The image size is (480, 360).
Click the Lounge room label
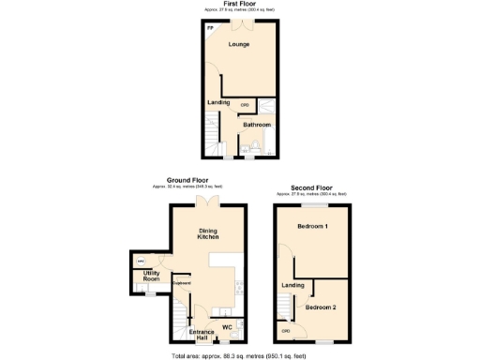pyautogui.click(x=239, y=44)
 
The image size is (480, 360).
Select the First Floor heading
pyautogui.click(x=240, y=4)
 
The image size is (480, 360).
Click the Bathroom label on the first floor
pyautogui.click(x=257, y=125)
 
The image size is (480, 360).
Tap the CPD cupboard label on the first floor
pyautogui.click(x=245, y=104)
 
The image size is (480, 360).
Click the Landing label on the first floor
pyautogui.click(x=219, y=102)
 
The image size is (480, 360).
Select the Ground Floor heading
pyautogui.click(x=187, y=180)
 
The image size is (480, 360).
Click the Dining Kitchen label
pyautogui.click(x=208, y=233)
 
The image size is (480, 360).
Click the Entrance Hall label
pyautogui.click(x=202, y=335)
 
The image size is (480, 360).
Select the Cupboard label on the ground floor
pyautogui.click(x=181, y=282)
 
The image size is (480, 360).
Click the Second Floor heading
pyautogui.click(x=309, y=187)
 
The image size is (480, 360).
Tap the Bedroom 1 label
pyautogui.click(x=312, y=227)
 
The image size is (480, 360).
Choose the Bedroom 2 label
pyautogui.click(x=321, y=307)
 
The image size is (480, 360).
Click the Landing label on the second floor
pyautogui.click(x=292, y=285)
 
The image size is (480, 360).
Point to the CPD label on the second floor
pyautogui.click(x=285, y=330)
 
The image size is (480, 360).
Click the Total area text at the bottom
pyautogui.click(x=240, y=356)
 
